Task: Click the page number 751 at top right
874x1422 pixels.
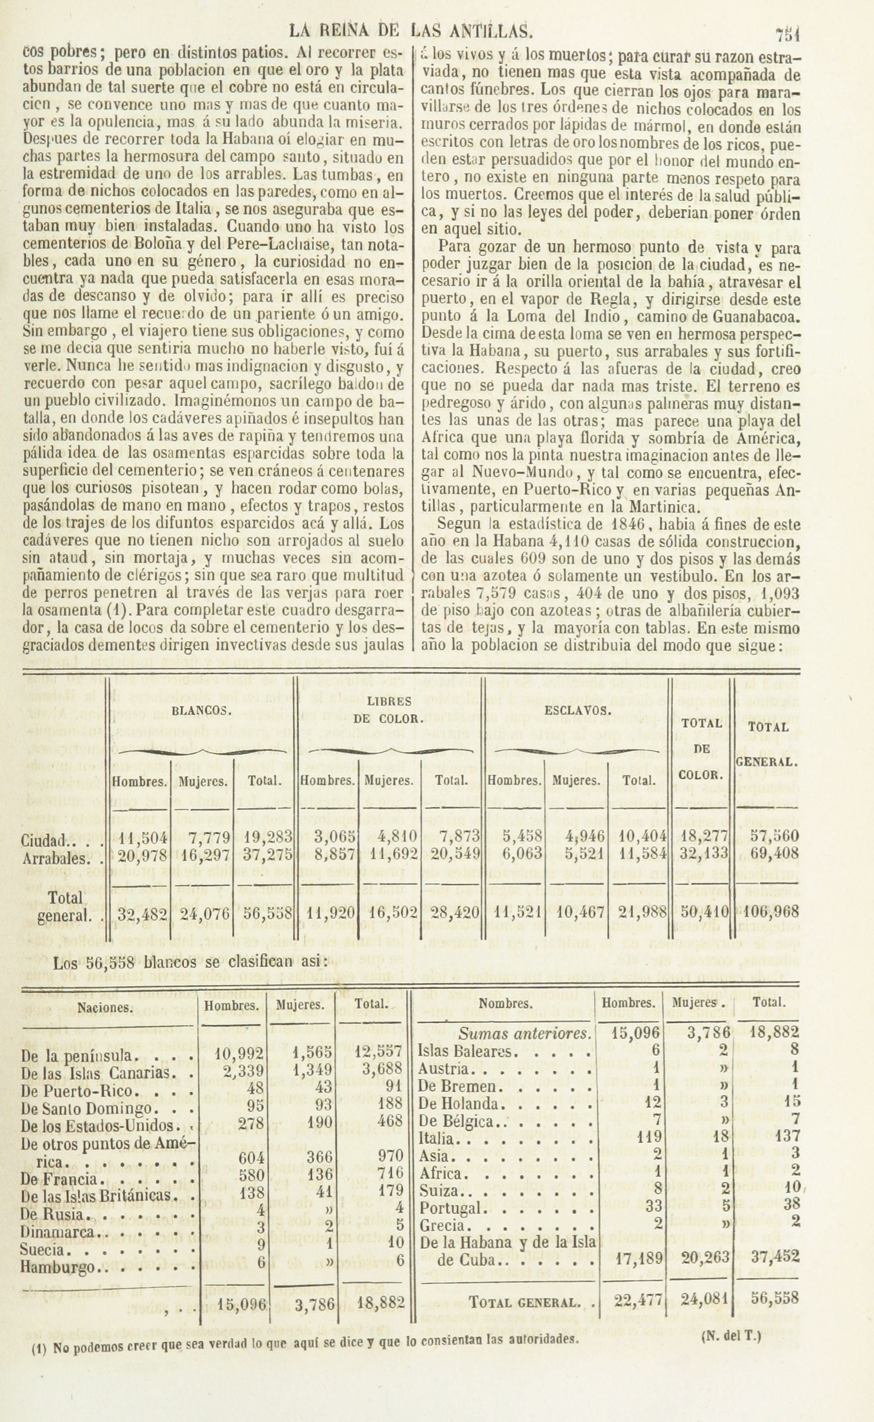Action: [x=787, y=35]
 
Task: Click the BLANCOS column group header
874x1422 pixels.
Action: [x=202, y=711]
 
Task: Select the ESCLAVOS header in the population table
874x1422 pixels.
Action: [x=578, y=711]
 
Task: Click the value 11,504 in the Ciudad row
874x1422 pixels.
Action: [x=142, y=836]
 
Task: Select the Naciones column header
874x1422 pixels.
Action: [x=105, y=1008]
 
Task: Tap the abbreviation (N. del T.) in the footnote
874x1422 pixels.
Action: [x=731, y=1319]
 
